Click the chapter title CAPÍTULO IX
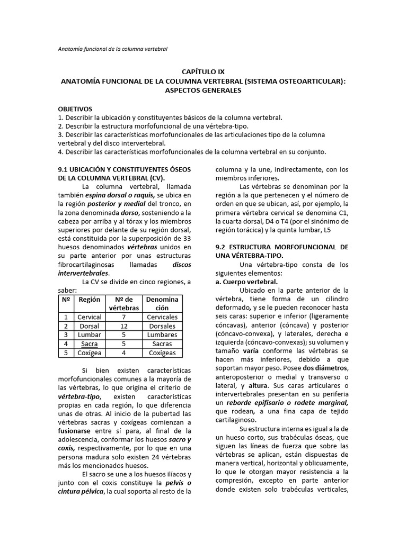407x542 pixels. click(203, 71)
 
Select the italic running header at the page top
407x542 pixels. click(112, 49)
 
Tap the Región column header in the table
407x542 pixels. click(89, 300)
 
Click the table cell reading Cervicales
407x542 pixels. click(162, 317)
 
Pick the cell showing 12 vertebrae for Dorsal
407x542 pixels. click(124, 326)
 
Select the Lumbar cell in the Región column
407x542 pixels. click(89, 335)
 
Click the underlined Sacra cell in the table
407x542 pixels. click(89, 344)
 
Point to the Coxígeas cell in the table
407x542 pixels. click(162, 353)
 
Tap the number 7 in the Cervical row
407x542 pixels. click(124, 317)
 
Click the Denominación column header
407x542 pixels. click(162, 303)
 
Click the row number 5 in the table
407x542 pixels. click(66, 353)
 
